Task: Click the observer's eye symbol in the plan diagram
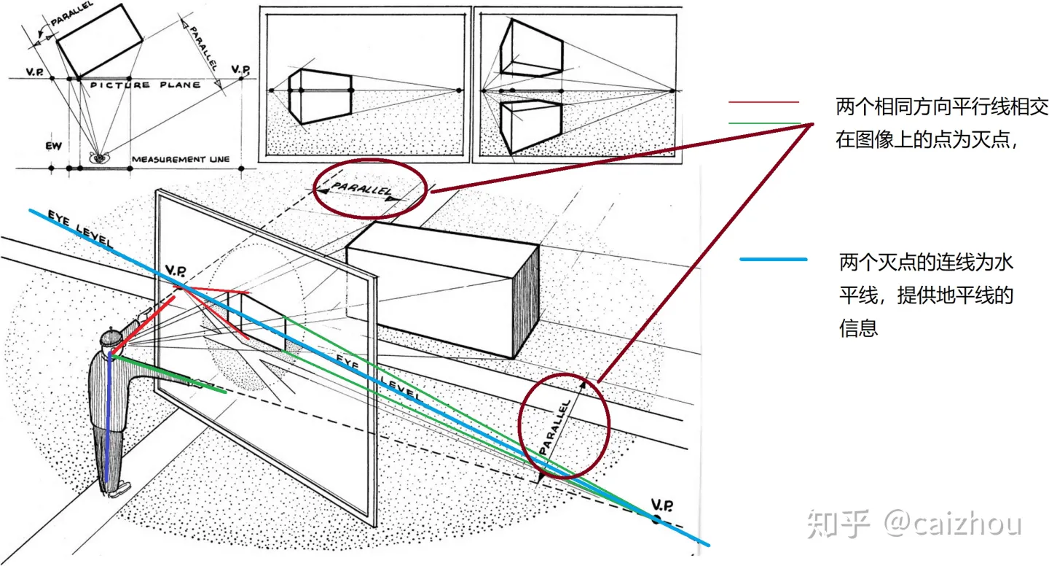pos(98,156)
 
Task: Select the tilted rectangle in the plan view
pos(99,40)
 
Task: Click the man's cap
pos(111,337)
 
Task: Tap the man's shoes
pos(117,487)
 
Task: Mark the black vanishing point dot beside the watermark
pos(656,519)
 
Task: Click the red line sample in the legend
pos(763,102)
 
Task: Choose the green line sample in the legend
pos(763,123)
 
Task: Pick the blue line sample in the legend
pos(773,259)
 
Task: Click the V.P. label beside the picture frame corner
pos(176,271)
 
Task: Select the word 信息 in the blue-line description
pos(859,328)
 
